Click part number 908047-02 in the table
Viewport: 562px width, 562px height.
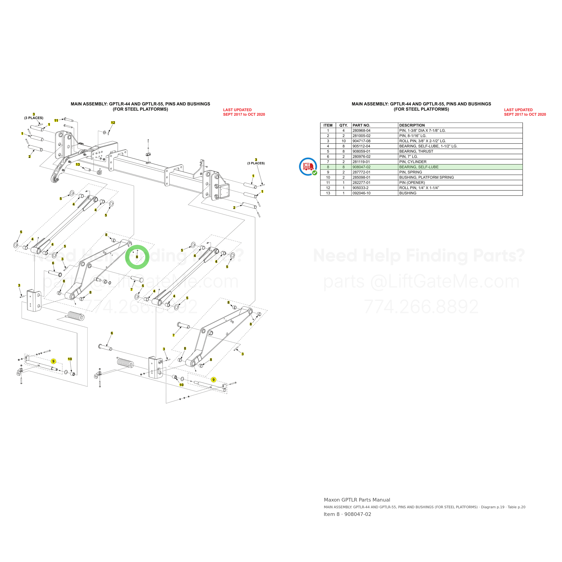click(x=361, y=167)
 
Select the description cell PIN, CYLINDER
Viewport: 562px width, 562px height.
click(x=413, y=162)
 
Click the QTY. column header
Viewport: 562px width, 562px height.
click(x=343, y=125)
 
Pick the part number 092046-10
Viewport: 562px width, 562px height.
click(x=361, y=193)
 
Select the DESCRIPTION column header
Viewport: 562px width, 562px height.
click(x=412, y=125)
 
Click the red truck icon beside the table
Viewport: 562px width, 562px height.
click(x=308, y=167)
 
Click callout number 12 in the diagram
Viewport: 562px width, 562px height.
click(x=113, y=123)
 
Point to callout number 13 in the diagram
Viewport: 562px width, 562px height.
click(x=78, y=165)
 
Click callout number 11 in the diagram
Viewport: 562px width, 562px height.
click(x=56, y=120)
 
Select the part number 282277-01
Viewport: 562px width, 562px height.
click(x=361, y=183)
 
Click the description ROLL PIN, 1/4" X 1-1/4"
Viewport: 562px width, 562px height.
click(x=419, y=188)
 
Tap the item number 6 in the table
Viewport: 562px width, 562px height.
click(x=328, y=156)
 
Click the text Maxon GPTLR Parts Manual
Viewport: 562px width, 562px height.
click(x=357, y=500)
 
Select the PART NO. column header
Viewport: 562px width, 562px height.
click(x=361, y=125)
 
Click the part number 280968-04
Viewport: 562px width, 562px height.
click(x=361, y=131)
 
